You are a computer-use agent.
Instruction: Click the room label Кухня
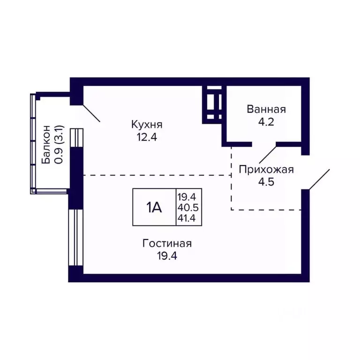point(147,125)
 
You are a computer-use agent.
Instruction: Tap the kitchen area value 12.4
point(146,138)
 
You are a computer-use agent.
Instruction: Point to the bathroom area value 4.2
point(266,123)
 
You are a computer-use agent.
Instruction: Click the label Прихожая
point(266,169)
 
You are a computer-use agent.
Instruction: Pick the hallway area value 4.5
point(266,182)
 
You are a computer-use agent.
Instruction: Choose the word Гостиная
point(167,244)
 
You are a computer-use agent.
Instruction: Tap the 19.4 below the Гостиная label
point(167,256)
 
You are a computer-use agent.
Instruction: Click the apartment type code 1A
point(154,207)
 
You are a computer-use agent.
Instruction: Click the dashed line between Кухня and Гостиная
point(157,175)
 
